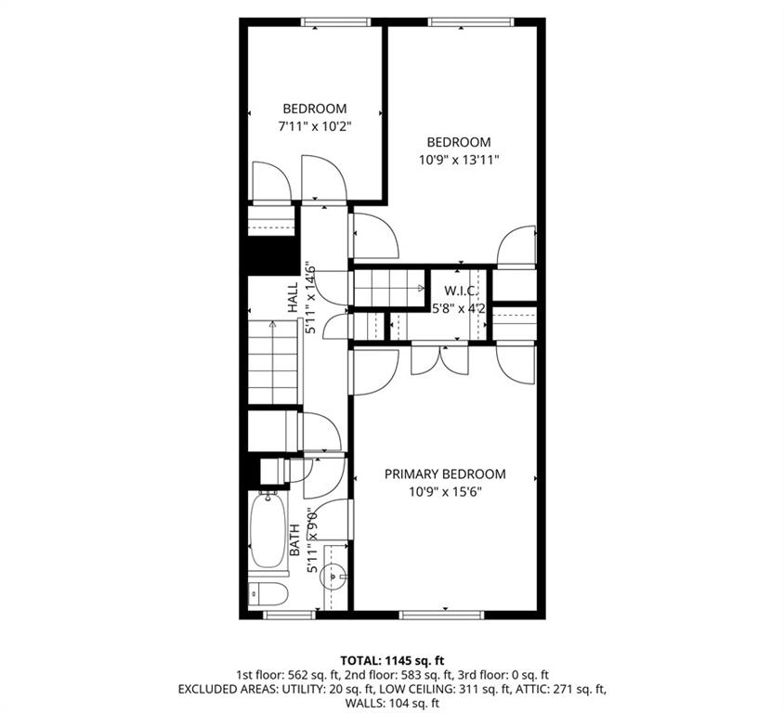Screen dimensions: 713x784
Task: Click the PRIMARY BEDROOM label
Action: click(x=445, y=473)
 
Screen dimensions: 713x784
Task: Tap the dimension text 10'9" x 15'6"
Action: click(x=445, y=491)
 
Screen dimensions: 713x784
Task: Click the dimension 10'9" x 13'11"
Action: click(x=458, y=159)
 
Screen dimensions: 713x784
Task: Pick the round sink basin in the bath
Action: click(x=333, y=577)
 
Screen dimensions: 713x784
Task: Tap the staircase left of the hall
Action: click(x=273, y=362)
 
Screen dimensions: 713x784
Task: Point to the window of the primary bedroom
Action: click(x=440, y=614)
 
